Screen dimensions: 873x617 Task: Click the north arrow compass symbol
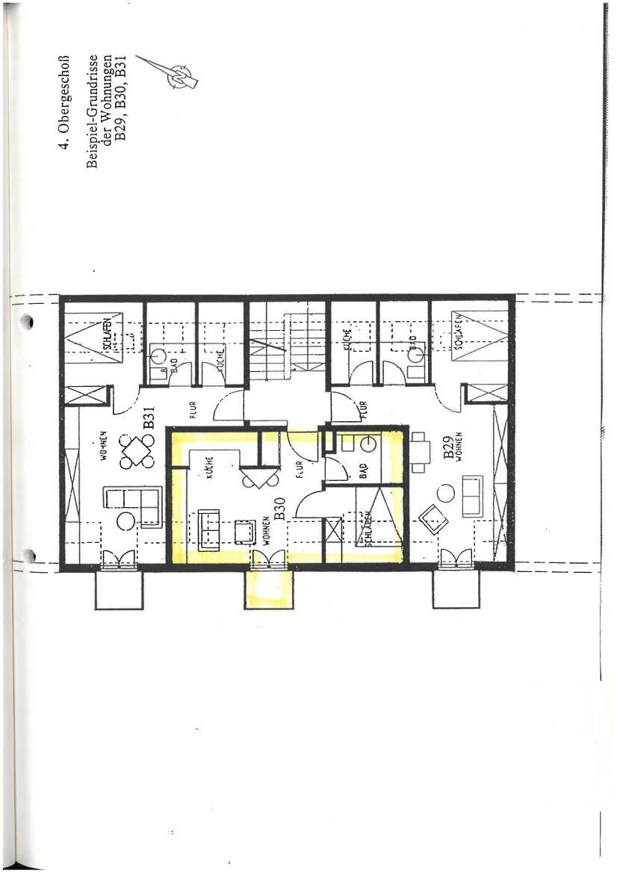point(180,74)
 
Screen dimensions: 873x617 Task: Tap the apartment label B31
point(149,412)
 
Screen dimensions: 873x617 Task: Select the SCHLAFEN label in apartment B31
point(108,334)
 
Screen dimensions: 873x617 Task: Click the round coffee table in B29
point(445,493)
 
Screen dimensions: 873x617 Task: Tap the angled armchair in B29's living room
point(434,518)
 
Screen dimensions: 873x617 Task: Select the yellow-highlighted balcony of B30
point(267,591)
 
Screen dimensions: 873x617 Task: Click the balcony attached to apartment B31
point(119,591)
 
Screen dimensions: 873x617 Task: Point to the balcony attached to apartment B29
point(456,591)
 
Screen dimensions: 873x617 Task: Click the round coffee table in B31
point(125,521)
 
